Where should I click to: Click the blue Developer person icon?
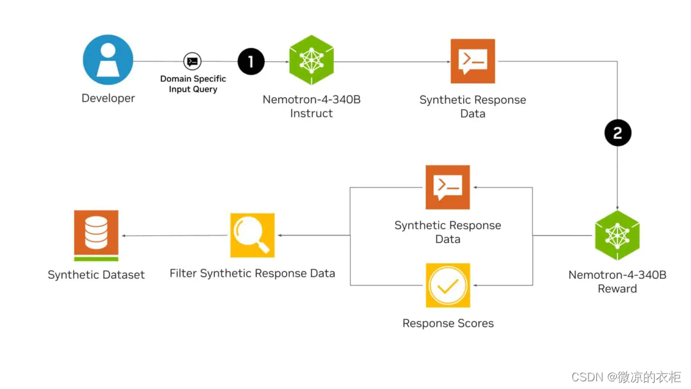pos(108,60)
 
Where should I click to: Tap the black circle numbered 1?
pos(251,62)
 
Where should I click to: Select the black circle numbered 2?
pos(617,133)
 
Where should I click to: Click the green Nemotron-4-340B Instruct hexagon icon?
pos(312,61)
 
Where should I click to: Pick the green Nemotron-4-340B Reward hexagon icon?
pos(617,235)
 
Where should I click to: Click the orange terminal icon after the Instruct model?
pos(473,61)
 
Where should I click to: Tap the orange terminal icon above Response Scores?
pos(448,187)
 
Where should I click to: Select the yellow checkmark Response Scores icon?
pos(448,285)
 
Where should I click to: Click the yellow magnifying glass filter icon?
pos(252,235)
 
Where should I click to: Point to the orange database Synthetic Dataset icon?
pos(96,234)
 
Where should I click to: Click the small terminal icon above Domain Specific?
pos(192,61)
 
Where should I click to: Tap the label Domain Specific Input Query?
pos(193,84)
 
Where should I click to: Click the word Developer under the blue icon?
pos(108,99)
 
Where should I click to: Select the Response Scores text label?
pos(448,324)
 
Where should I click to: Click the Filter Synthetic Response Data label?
pos(252,274)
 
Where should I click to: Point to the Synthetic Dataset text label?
pos(96,275)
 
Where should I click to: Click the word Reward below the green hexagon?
pos(617,289)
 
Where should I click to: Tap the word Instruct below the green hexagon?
pos(312,114)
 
